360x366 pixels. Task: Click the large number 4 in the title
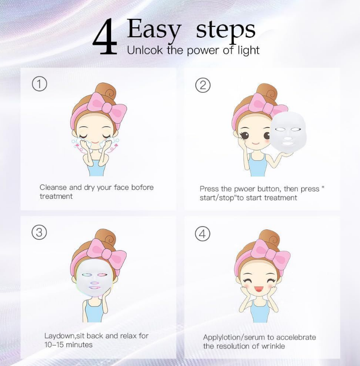[105, 37]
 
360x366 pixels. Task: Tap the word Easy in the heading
[154, 29]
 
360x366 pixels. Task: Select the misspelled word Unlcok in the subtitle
[145, 50]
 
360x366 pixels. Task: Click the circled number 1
[40, 84]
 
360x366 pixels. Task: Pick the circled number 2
[203, 85]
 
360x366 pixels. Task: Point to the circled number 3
[39, 232]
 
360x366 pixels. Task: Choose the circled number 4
[203, 234]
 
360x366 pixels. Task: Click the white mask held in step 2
[288, 132]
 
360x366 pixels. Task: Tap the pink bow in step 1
[107, 106]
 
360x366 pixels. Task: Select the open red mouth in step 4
[258, 289]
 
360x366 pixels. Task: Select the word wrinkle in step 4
[273, 346]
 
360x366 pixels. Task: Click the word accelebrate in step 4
[296, 337]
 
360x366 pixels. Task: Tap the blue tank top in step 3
[94, 312]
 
